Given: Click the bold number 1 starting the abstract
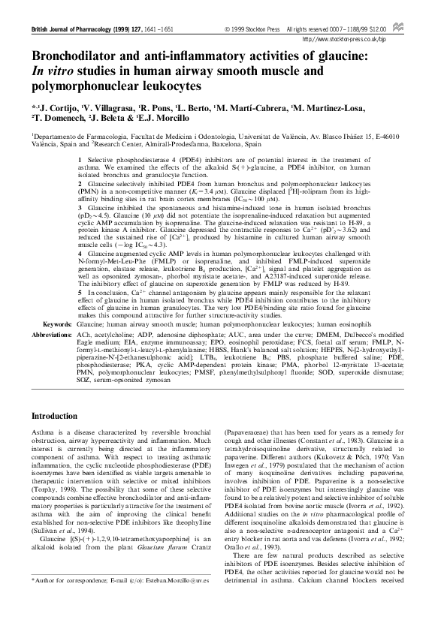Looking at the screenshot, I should (80, 161).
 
